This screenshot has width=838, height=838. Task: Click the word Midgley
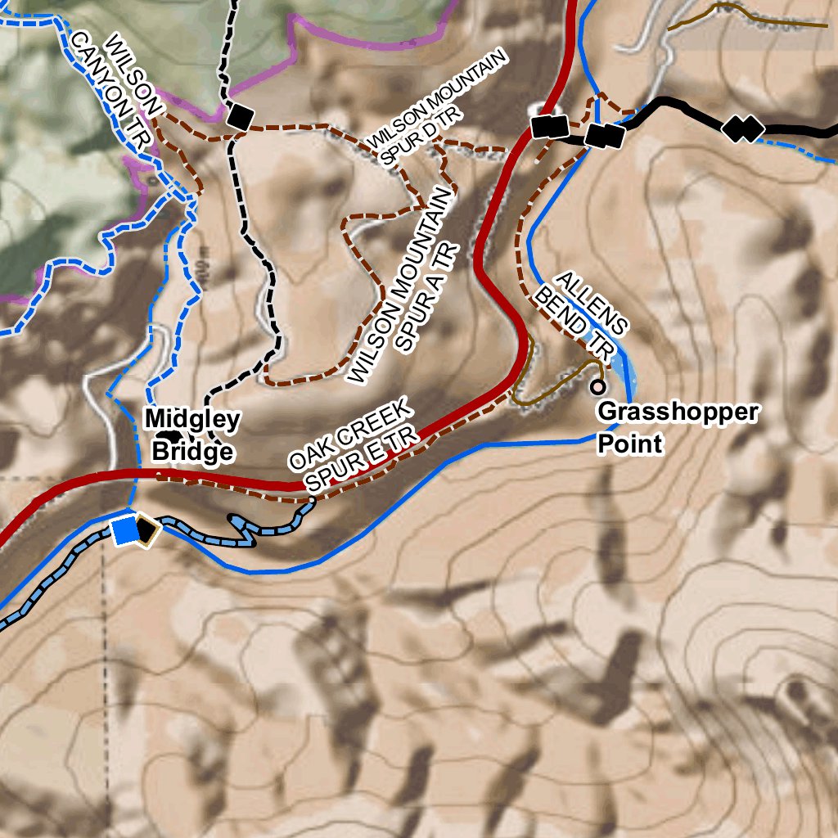[192, 420]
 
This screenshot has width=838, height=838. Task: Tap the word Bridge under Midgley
[192, 452]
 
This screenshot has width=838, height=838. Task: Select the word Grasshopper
[678, 412]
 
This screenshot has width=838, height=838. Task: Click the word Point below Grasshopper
[628, 444]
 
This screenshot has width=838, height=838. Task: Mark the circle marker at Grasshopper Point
[598, 386]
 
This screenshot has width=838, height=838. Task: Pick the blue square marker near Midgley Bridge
[125, 530]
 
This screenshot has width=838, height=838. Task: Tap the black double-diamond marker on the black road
[743, 128]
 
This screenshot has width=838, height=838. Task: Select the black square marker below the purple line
[241, 117]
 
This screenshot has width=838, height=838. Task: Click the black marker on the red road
[550, 126]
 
